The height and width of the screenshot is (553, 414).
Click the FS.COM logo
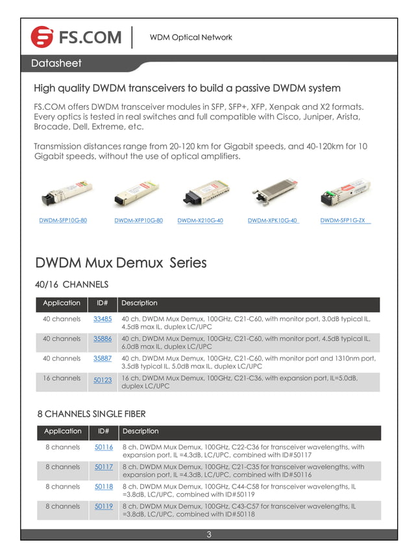pos(77,37)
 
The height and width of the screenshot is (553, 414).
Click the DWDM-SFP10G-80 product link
pos(63,221)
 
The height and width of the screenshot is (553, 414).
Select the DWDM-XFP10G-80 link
pos(138,221)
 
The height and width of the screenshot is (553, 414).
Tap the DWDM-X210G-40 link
pos(200,221)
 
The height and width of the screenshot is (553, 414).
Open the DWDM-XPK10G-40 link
pos(273,221)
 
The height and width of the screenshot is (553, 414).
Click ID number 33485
pos(103,319)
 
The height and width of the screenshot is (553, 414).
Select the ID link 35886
pos(103,339)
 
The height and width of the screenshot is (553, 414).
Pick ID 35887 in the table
pos(103,358)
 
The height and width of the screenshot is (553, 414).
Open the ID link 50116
pos(104,447)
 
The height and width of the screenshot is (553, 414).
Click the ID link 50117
pos(104,467)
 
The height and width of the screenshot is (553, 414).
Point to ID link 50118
pos(104,486)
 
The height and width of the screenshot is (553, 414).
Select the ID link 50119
pos(104,506)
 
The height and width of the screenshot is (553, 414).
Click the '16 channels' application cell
pos(62,378)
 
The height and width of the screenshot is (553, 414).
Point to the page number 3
pos(209,535)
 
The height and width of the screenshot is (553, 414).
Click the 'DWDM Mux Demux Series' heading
pos(121,263)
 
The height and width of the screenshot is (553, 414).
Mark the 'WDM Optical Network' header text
pos(191,37)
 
